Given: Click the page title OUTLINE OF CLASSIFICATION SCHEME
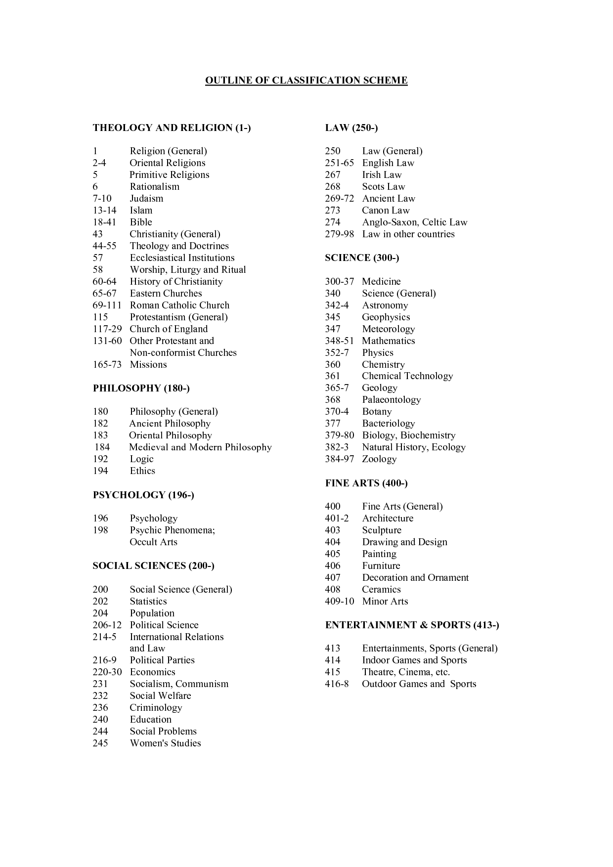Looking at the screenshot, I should pos(306,81).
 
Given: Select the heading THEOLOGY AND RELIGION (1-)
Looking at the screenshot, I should pos(172,128).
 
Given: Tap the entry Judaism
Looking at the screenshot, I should pos(146,199).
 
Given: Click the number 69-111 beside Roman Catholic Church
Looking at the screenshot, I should pos(107,305).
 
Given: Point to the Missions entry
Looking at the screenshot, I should pos(148,365).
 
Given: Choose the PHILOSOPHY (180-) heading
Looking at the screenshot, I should pos(141,389).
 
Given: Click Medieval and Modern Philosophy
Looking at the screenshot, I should pos(200,447).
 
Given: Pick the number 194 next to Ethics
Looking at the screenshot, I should pos(100,471).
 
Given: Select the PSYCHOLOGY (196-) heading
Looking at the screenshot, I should pos(143,495).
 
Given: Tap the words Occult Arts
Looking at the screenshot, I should pos(153,542).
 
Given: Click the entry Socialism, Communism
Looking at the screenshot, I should pos(179,684).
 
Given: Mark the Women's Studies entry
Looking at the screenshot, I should pos(165,743).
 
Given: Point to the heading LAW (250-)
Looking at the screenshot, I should pos(351,128).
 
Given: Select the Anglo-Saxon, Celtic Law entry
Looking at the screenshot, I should pos(414,222).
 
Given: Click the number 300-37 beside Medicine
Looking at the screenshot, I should pos(339,282).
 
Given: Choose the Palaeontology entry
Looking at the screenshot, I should pos(391,400).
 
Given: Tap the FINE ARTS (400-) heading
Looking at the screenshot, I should pos(366,483).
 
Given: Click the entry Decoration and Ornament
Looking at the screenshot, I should pos(415,578).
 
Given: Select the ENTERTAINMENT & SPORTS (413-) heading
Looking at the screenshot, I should pos(412,625).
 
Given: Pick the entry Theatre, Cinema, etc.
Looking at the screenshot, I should pos(406,672).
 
